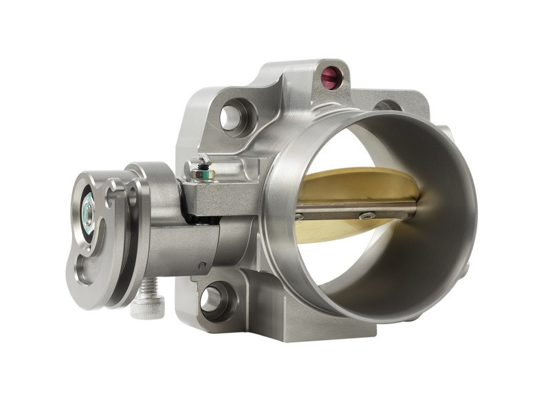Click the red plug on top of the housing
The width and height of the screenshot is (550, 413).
coord(331,77)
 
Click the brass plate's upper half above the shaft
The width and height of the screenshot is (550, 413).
coord(357,184)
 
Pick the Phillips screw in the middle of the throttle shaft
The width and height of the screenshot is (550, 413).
coord(366,215)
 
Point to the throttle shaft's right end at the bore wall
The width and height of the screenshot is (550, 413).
coord(415,204)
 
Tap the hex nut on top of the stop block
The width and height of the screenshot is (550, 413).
coord(201,173)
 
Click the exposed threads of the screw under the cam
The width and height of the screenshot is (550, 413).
coord(149,286)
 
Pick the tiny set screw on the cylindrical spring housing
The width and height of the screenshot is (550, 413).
coord(201,264)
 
